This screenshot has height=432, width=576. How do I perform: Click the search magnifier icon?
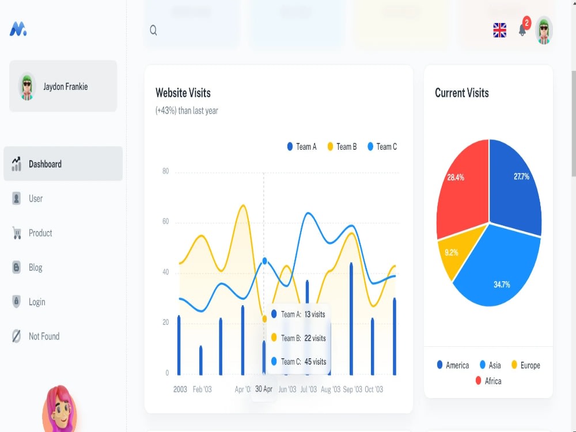click(153, 30)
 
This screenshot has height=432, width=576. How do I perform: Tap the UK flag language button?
click(499, 30)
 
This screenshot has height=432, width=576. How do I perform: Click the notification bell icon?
click(522, 30)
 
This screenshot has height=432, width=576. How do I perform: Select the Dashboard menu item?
click(63, 164)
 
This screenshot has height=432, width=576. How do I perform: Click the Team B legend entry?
click(342, 146)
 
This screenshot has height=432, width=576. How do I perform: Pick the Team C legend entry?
click(382, 146)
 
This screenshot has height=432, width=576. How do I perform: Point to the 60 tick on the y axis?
click(166, 222)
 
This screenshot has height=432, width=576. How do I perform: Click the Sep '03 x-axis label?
click(353, 389)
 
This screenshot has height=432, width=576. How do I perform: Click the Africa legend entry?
click(488, 381)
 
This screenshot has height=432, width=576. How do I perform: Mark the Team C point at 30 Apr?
click(264, 261)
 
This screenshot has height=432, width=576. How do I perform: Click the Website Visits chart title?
click(183, 93)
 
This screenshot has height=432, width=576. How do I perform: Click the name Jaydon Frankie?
click(66, 87)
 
